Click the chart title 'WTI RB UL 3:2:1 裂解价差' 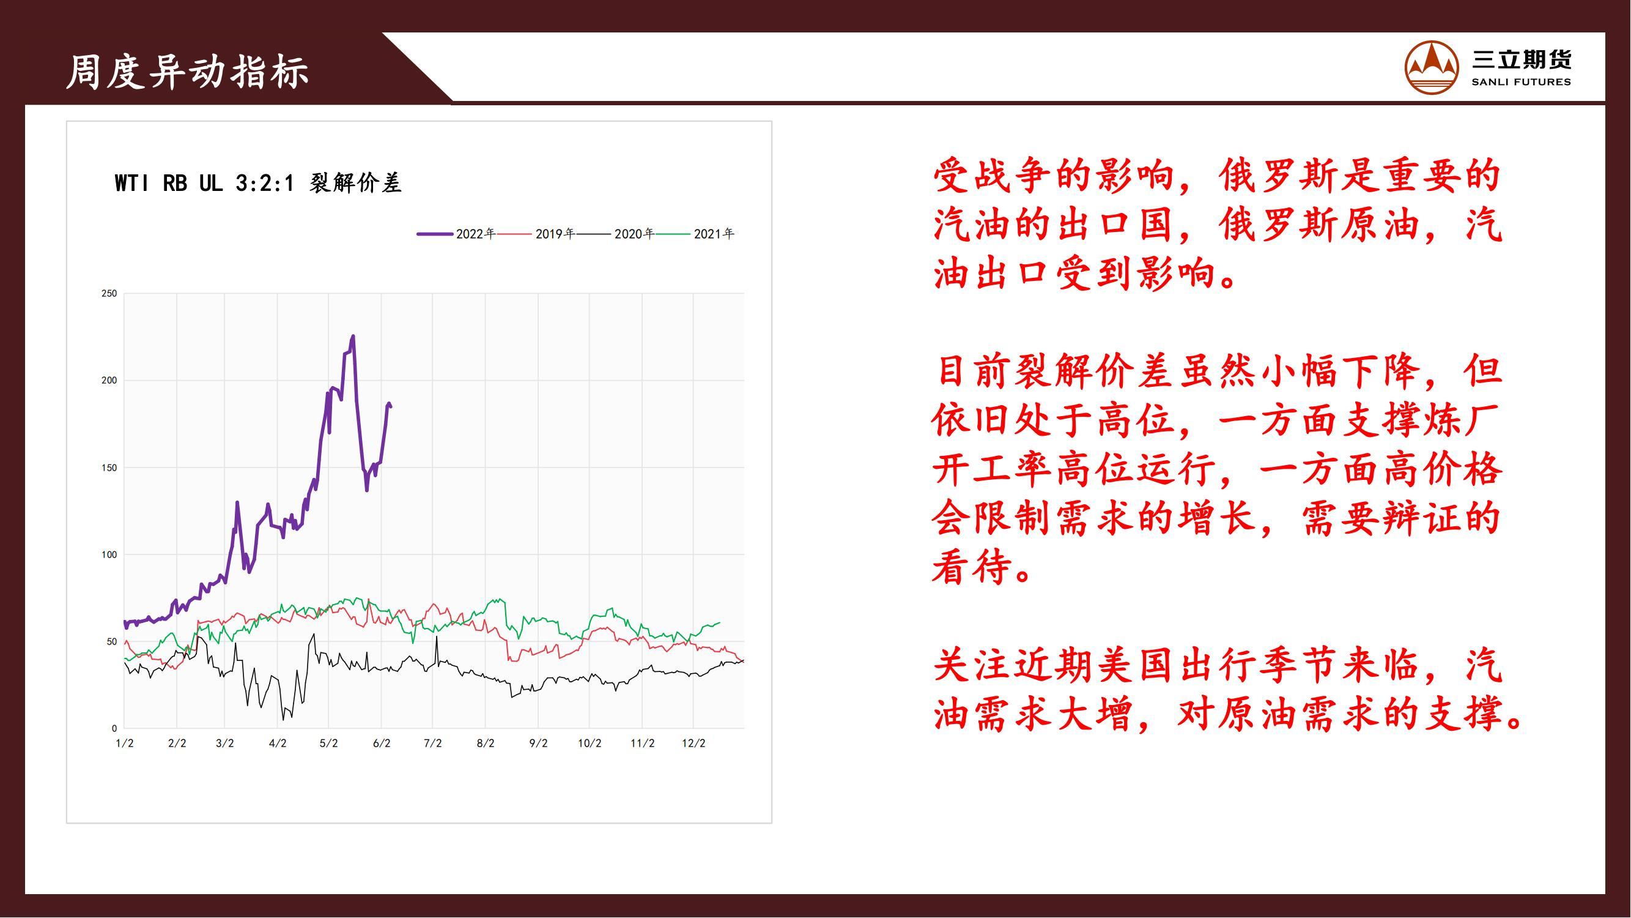[x=257, y=183]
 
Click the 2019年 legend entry [x=536, y=234]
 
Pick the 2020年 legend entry [x=615, y=234]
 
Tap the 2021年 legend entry [x=695, y=234]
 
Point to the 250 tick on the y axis [x=109, y=293]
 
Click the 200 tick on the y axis [x=109, y=380]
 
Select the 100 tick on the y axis [x=109, y=554]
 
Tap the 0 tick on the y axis [x=114, y=728]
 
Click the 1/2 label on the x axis [x=124, y=743]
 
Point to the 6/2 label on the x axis [x=381, y=743]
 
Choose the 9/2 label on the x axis [x=538, y=743]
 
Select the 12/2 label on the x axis [x=693, y=743]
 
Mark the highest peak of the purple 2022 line [x=353, y=336]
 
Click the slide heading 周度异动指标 [x=187, y=71]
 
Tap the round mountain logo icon [x=1432, y=68]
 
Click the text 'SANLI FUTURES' [x=1521, y=82]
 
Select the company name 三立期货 [x=1521, y=59]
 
